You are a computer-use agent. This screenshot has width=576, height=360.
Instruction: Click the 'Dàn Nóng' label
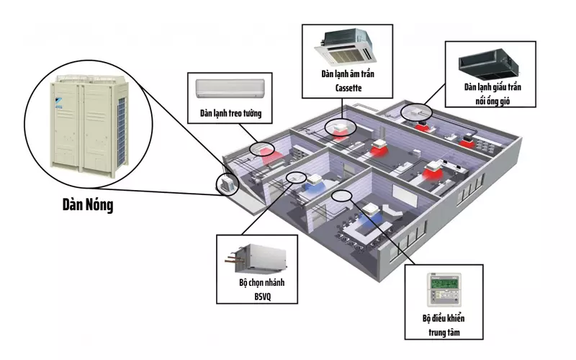pyautogui.click(x=88, y=204)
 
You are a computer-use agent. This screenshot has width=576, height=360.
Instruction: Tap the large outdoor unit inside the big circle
pyautogui.click(x=89, y=126)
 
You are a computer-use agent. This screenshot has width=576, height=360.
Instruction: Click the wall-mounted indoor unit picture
pyautogui.click(x=230, y=89)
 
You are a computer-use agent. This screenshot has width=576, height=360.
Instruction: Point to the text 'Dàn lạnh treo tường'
pyautogui.click(x=230, y=113)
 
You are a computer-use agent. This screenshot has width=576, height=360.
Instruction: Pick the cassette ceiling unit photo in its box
pyautogui.click(x=346, y=46)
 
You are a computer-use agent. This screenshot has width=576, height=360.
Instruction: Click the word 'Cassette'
pyautogui.click(x=348, y=88)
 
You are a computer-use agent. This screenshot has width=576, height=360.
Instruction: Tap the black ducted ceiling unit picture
pyautogui.click(x=489, y=65)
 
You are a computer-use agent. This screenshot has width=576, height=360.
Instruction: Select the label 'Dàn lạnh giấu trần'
pyautogui.click(x=492, y=87)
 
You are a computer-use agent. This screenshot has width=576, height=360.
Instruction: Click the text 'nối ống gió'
pyautogui.click(x=492, y=101)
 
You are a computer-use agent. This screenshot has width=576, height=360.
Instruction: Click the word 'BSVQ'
pyautogui.click(x=263, y=297)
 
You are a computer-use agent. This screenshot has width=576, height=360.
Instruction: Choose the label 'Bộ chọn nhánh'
pyautogui.click(x=261, y=282)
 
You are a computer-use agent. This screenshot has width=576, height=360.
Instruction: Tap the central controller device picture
pyautogui.click(x=444, y=290)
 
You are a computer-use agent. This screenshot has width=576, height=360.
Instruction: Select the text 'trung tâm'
pyautogui.click(x=444, y=333)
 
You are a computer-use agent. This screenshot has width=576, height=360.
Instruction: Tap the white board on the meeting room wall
pyautogui.click(x=405, y=195)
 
